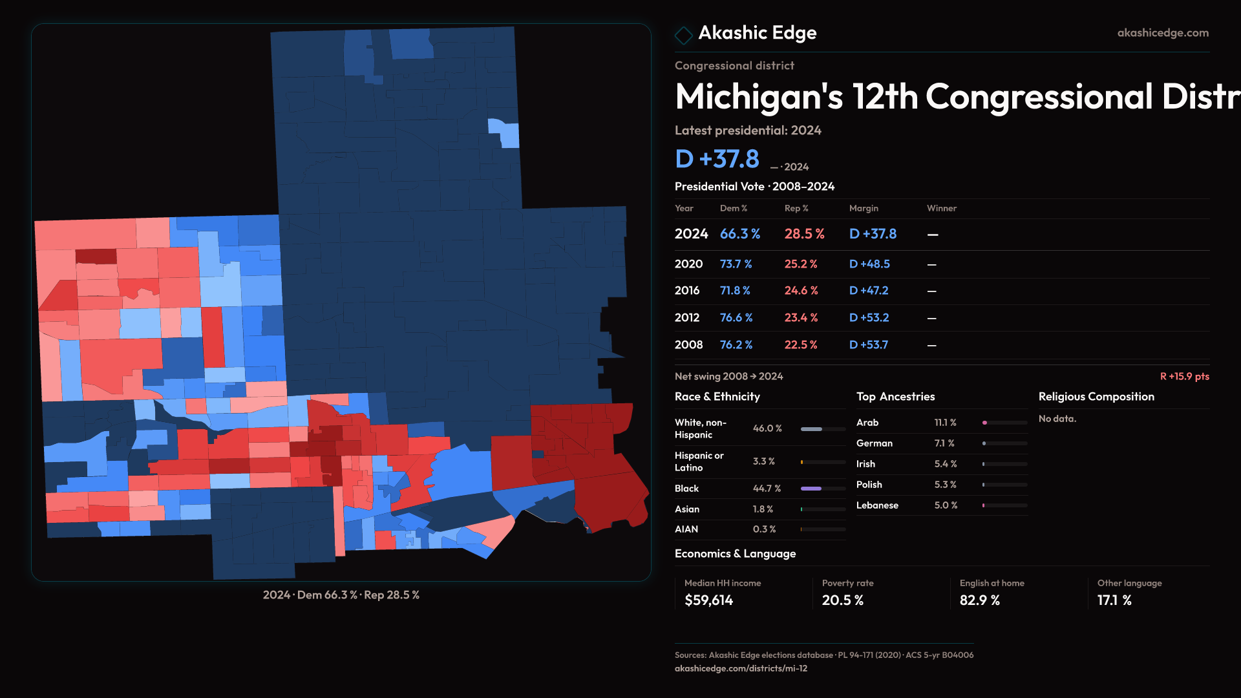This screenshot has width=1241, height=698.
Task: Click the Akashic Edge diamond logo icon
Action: [683, 35]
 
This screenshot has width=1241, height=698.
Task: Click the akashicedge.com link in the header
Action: [1163, 33]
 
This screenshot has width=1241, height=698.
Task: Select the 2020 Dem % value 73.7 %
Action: [736, 264]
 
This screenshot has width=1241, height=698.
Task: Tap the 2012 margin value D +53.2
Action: [869, 318]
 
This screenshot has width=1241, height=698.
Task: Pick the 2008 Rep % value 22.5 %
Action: [800, 345]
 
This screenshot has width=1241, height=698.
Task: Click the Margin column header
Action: [864, 208]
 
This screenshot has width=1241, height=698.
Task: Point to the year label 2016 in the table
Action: [686, 291]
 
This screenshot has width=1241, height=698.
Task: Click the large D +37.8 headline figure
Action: [717, 159]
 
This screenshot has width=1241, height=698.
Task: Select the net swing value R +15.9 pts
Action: [1184, 376]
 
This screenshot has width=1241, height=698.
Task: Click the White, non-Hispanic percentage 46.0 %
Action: [767, 428]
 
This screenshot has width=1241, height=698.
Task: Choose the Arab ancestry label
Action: [867, 423]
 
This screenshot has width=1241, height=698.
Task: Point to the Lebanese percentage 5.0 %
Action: [946, 505]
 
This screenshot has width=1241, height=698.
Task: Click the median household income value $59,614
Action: [708, 600]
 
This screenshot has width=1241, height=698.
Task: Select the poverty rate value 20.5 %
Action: [842, 600]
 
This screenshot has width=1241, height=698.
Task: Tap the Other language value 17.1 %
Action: [1114, 600]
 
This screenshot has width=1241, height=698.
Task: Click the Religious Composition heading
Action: [1096, 397]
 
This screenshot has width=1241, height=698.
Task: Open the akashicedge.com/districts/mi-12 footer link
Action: [741, 668]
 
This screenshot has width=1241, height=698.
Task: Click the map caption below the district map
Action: [341, 595]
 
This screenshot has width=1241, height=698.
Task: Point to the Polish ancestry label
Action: [869, 485]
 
